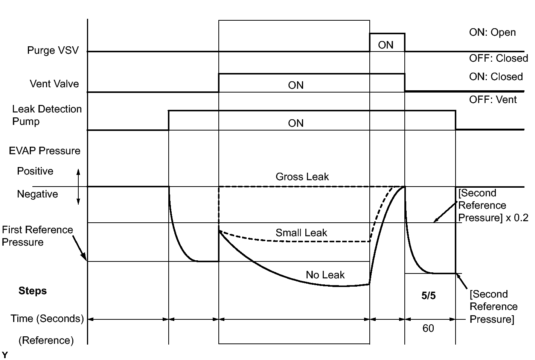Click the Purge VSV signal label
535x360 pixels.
pos(53,50)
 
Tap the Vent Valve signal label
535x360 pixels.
pos(54,84)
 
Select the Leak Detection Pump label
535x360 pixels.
pos(47,115)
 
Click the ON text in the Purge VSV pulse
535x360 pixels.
pos(386,45)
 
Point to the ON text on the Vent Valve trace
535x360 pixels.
pos(296,85)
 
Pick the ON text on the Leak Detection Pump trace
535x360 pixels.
pos(296,123)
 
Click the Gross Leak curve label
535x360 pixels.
pos(302,177)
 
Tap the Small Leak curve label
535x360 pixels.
pos(301,233)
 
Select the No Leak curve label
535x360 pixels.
pos(325,275)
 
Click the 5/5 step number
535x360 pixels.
pos(428,296)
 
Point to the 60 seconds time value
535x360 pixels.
pos(428,328)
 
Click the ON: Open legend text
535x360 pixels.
pos(492,32)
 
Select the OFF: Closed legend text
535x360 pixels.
pos(498,58)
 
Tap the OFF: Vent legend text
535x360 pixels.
pos(492,100)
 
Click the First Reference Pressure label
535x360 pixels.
pos(37,236)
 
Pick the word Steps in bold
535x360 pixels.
pos(33,291)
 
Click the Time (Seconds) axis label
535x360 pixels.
pos(47,319)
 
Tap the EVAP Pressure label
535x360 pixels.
pos(44,151)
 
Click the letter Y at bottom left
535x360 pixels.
pos(5,355)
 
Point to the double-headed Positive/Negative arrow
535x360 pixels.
pos(78,187)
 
